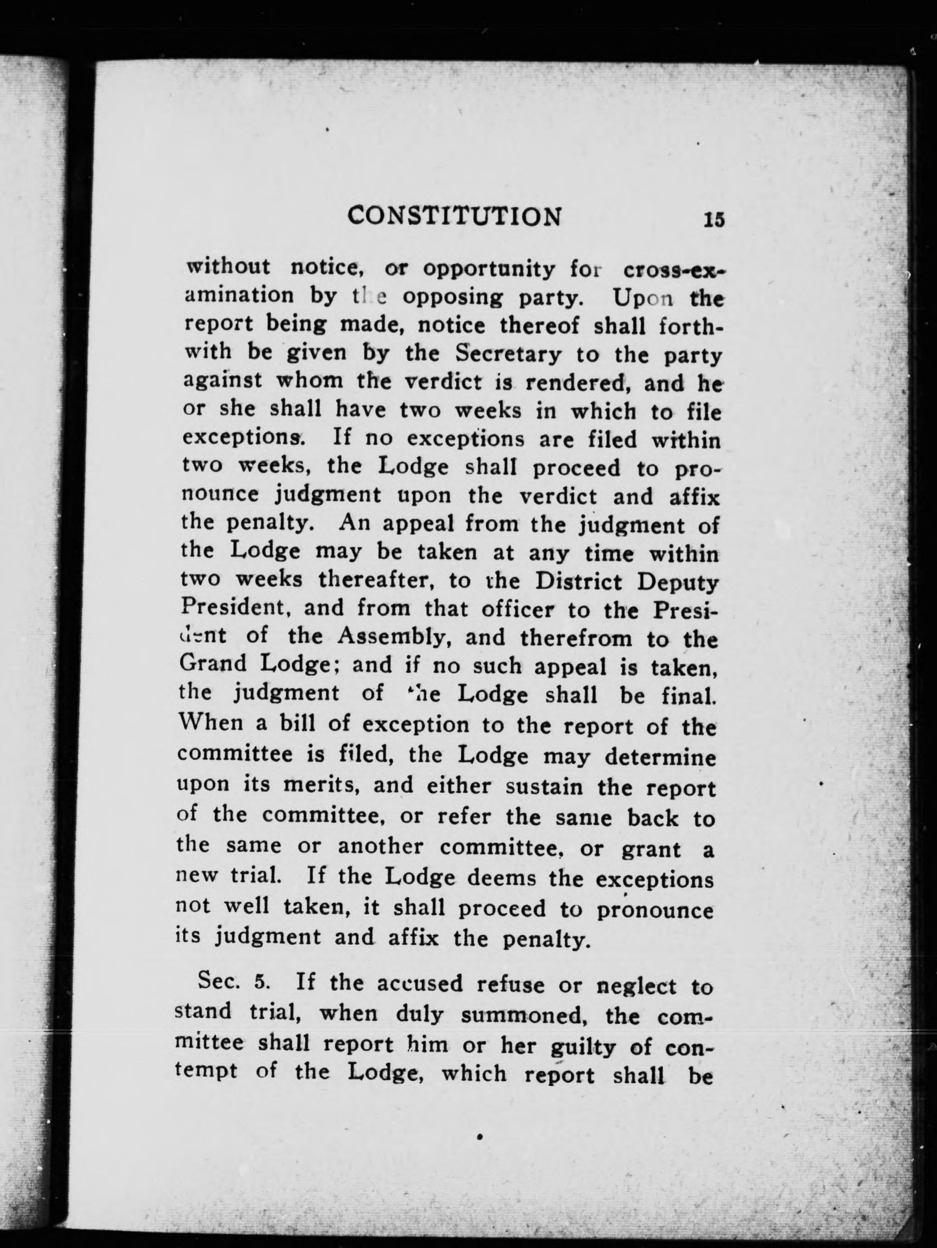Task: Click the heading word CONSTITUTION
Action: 455,217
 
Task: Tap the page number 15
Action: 713,219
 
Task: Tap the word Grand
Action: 213,663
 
